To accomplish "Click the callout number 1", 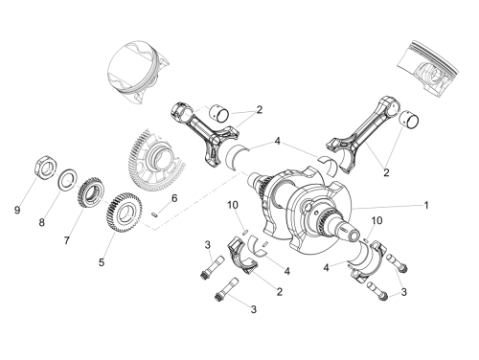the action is point(426,205).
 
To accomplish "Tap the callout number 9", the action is point(17,211).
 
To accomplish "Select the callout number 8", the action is point(42,222).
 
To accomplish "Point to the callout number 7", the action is point(66,240).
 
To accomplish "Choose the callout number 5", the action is point(102,262).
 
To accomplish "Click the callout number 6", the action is point(174,198).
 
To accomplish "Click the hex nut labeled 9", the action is point(46,167).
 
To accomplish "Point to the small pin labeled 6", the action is point(154,214).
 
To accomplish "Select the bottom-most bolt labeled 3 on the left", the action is point(226,290).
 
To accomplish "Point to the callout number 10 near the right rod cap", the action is point(376,220).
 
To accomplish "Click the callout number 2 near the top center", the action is point(260,110).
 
